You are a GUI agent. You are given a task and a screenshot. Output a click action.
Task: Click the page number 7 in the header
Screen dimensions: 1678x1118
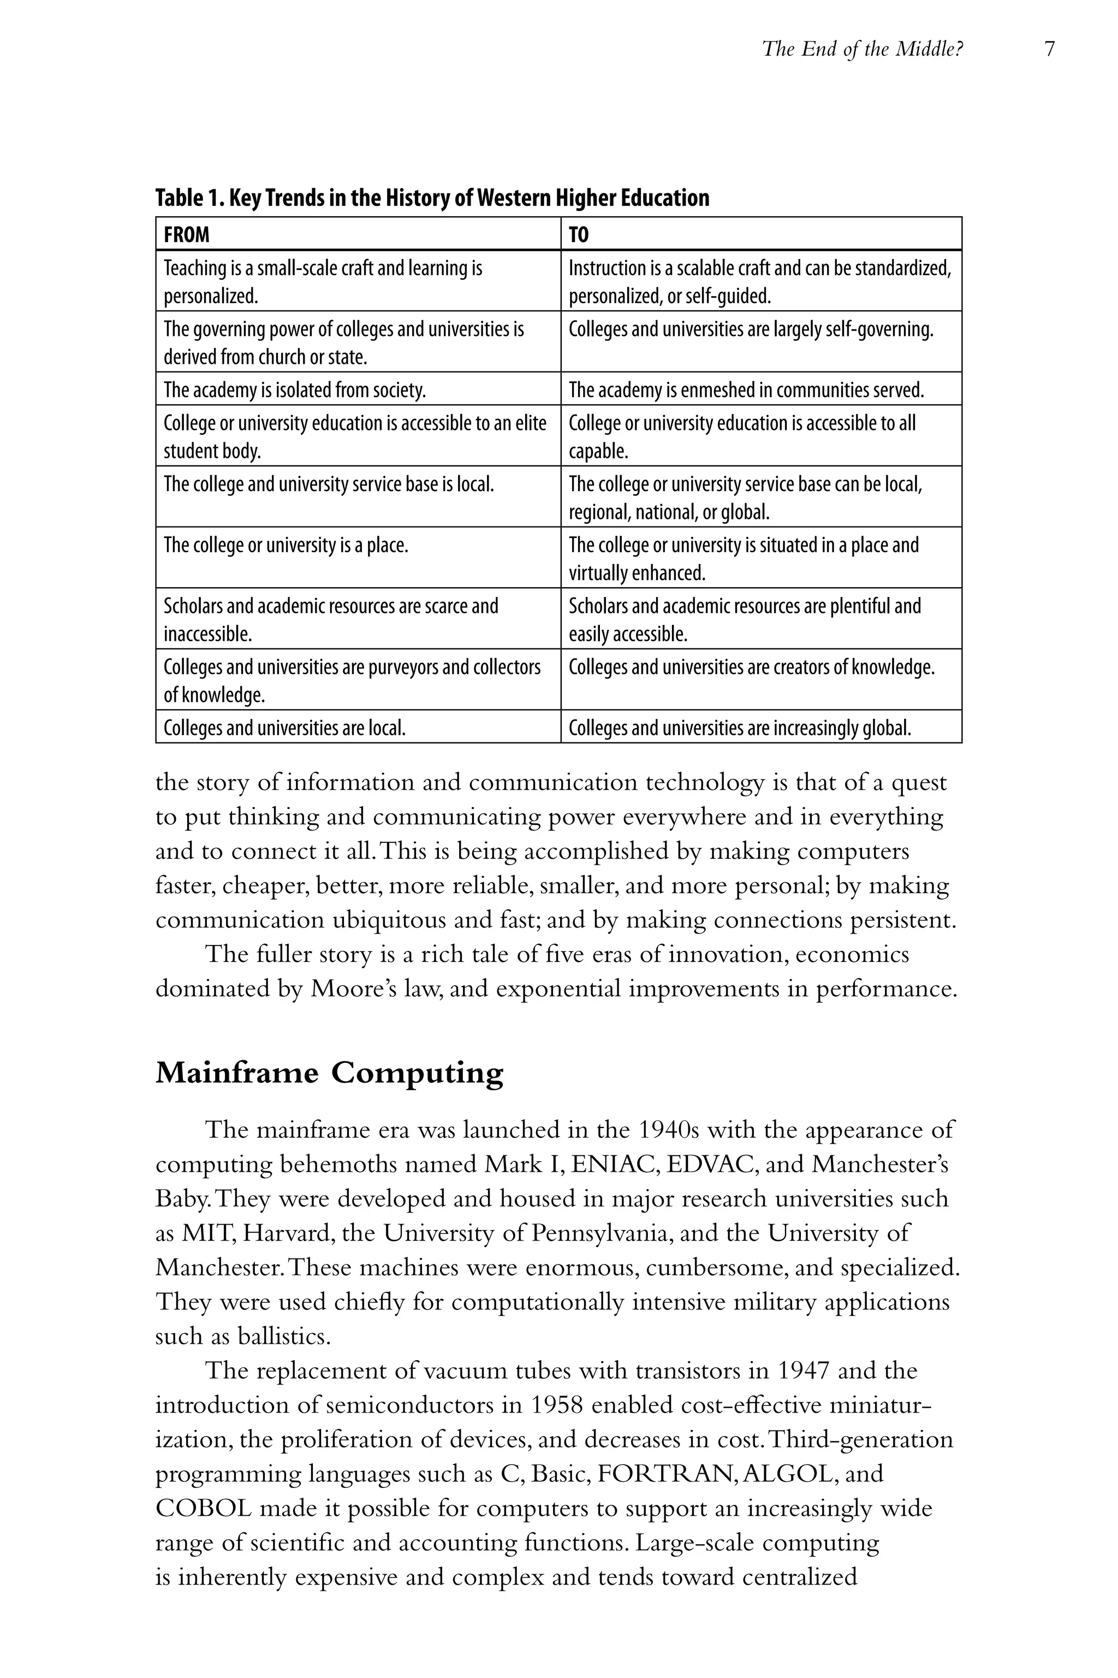(x=1049, y=49)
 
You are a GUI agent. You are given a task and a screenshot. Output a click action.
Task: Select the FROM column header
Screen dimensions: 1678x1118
(x=187, y=235)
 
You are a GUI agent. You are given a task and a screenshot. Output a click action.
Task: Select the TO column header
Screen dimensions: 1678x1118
(x=579, y=235)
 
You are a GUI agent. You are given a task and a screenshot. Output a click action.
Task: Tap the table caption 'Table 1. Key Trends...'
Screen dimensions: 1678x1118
(x=432, y=198)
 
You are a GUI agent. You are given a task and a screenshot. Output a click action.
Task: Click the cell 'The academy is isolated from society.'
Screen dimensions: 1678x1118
(x=294, y=389)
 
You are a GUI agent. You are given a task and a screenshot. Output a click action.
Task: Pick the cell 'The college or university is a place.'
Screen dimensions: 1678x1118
(x=286, y=546)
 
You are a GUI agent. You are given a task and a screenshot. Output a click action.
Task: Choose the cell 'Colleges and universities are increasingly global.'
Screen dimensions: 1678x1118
(x=739, y=728)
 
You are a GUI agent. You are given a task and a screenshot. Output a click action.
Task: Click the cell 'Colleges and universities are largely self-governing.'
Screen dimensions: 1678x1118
(x=751, y=329)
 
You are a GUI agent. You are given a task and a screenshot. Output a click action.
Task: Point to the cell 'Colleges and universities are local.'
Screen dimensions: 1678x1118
(x=284, y=728)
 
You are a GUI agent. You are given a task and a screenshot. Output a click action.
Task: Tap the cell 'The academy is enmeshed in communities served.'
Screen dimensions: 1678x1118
(x=746, y=389)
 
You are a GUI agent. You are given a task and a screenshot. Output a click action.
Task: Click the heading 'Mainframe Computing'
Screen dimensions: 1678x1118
(x=329, y=1072)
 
